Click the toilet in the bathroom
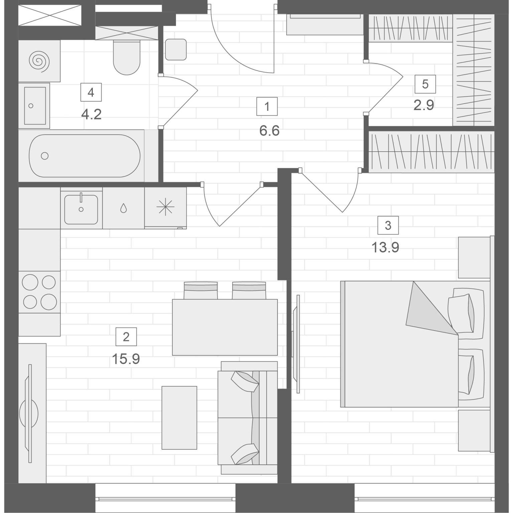point(126,57)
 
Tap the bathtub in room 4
point(84,156)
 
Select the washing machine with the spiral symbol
point(39,61)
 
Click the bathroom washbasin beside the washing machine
point(34,106)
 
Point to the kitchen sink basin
point(81,209)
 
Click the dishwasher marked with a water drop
point(124,208)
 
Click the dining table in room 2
point(225,327)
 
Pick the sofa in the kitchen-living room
point(247,417)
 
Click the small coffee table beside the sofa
point(179,417)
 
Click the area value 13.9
point(385,248)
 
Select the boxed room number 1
point(267,107)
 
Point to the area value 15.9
point(126,359)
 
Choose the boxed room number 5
point(425,84)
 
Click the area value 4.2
point(91,115)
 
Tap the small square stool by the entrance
point(176,49)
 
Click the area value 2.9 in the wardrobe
point(424,105)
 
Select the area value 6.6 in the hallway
point(269,131)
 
